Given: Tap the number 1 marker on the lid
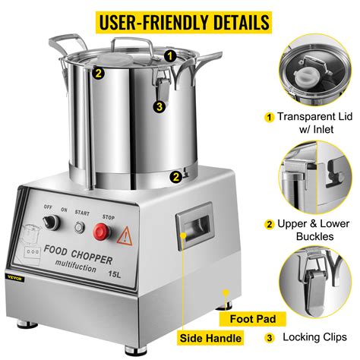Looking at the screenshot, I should click(171, 55).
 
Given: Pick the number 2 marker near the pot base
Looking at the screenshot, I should click(175, 177).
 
